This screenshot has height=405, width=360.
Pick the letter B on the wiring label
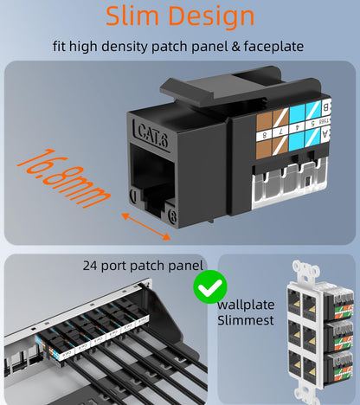(x=326, y=108)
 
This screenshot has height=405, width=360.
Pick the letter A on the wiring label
(x=327, y=132)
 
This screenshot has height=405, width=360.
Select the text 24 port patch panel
(x=143, y=266)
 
